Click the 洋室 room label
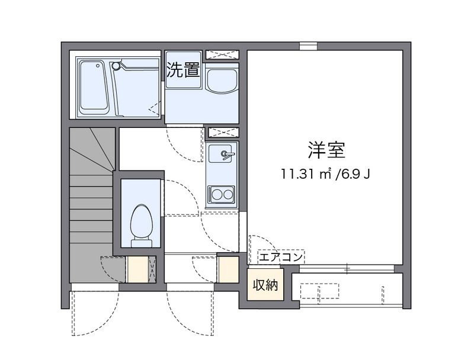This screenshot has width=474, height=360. click(x=327, y=150)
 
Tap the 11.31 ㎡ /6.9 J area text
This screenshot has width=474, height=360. click(x=325, y=174)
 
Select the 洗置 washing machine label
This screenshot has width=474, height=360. click(x=183, y=70)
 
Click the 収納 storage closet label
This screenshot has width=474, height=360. click(x=265, y=285)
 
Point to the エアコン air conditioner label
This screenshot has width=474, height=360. click(x=281, y=258)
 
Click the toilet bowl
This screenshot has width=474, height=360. click(x=141, y=221)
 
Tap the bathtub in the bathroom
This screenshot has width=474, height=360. click(x=94, y=87)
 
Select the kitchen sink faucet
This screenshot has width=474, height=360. click(x=227, y=155)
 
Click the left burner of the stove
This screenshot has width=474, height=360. click(x=216, y=194)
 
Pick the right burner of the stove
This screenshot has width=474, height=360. click(x=228, y=194)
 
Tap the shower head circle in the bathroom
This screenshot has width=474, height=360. click(x=116, y=65)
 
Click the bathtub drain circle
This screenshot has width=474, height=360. click(x=98, y=65)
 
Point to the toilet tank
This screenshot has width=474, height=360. click(x=141, y=243)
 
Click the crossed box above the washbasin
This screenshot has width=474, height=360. click(x=222, y=54)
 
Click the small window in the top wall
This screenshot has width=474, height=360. click(x=308, y=46)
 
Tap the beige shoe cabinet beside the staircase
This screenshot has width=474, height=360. click(x=137, y=269)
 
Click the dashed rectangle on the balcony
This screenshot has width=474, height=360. click(x=320, y=291)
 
